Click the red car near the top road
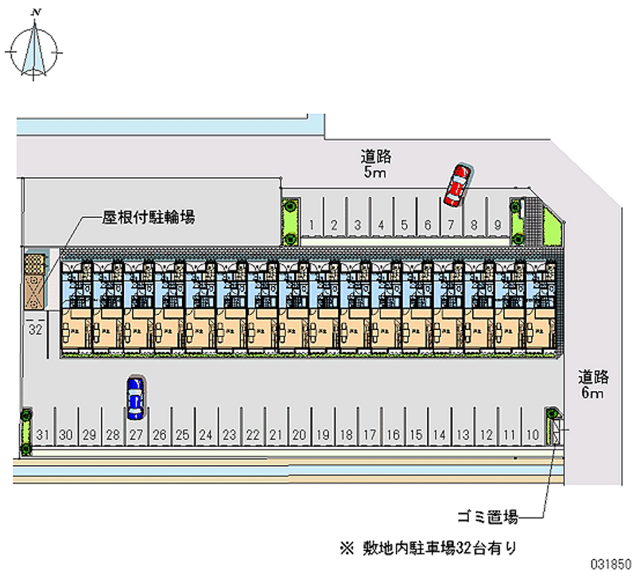coord(457,184)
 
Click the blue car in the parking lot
coord(135,397)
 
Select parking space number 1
coord(313,225)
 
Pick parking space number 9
coord(497,225)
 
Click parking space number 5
coord(405,225)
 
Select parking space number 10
coord(533,435)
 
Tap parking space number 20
coord(299,435)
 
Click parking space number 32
coord(34,328)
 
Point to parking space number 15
coord(416,435)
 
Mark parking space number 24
coord(206,435)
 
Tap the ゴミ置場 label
coord(488,518)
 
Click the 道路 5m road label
coord(375,164)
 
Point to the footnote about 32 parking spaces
coord(429,547)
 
